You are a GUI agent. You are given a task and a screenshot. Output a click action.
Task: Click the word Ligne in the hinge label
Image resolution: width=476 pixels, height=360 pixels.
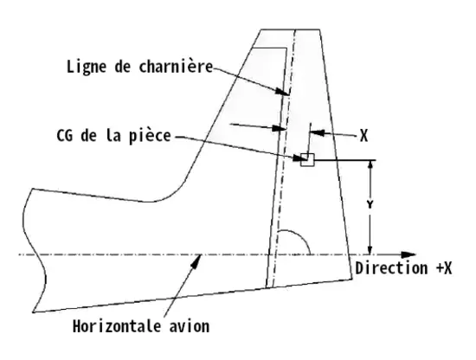click(87, 67)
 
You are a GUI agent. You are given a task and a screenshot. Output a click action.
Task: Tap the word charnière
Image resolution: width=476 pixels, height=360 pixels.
click(176, 66)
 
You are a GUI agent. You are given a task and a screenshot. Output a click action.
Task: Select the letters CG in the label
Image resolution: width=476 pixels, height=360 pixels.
click(65, 135)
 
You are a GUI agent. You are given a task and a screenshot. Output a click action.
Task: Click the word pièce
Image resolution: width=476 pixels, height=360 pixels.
click(150, 135)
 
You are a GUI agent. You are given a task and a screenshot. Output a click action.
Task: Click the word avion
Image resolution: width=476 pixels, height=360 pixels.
click(190, 326)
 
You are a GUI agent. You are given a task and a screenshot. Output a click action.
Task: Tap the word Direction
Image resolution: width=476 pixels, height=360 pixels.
click(390, 268)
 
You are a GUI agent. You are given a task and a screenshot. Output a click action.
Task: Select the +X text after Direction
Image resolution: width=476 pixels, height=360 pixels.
click(444, 268)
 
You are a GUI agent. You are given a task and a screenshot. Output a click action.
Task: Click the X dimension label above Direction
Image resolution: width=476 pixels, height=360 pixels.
click(363, 135)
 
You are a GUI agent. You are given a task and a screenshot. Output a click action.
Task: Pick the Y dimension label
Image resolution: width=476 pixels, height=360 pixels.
click(370, 204)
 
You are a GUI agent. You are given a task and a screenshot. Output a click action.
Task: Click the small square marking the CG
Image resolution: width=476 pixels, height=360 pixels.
click(307, 159)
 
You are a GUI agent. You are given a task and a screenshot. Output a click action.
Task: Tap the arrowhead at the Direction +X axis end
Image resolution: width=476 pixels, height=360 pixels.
click(408, 255)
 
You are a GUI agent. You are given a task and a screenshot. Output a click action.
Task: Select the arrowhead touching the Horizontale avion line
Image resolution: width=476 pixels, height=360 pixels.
click(196, 261)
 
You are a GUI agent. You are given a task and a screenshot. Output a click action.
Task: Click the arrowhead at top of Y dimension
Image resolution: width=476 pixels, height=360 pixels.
click(370, 166)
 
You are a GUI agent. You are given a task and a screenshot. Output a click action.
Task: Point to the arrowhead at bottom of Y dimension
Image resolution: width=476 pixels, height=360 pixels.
click(370, 249)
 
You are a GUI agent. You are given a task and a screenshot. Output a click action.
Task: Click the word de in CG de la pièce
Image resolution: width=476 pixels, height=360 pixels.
click(89, 135)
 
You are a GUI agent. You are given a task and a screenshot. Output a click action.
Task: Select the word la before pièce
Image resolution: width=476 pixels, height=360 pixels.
click(113, 135)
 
